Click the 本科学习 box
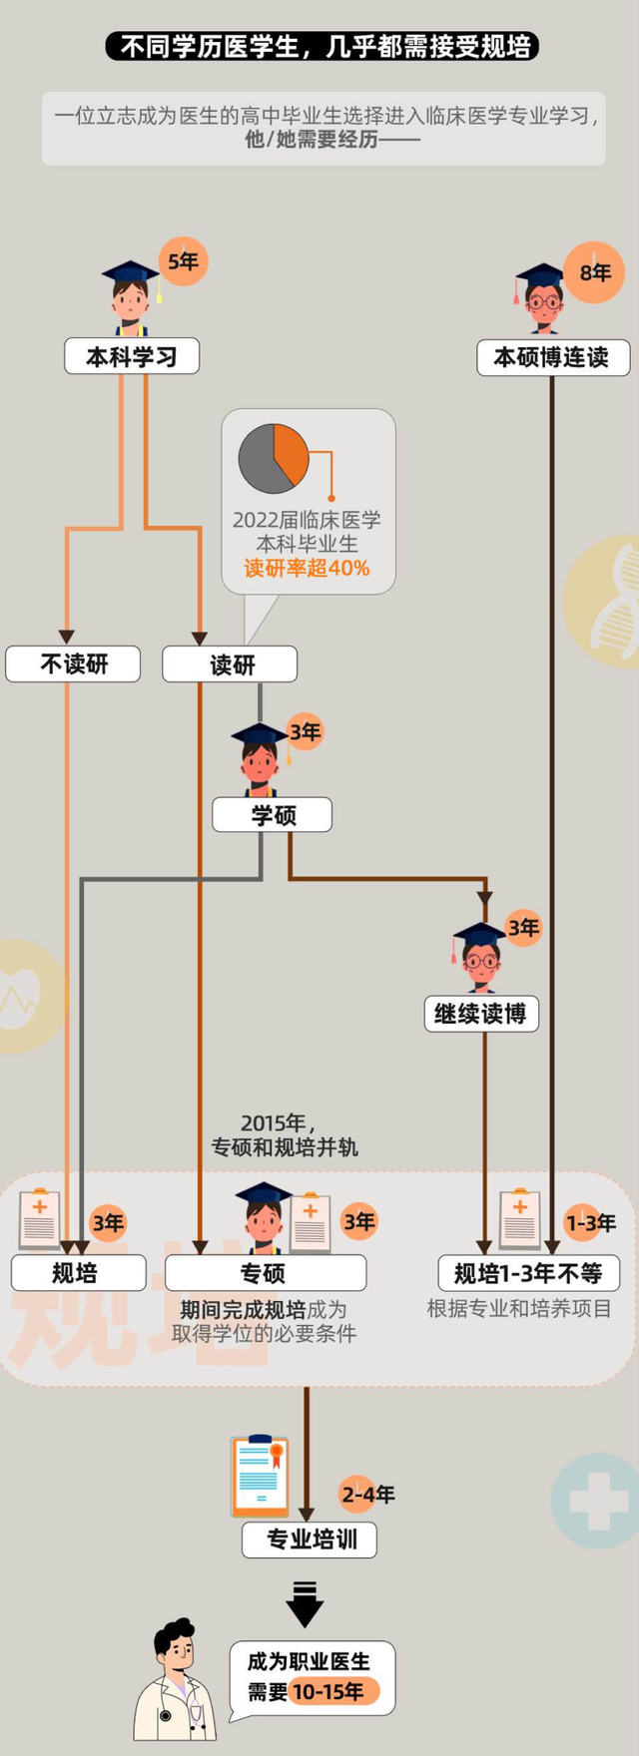point(132,356)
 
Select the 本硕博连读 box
point(551,357)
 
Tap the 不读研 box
point(73,664)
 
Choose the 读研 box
point(230,664)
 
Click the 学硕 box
point(272,815)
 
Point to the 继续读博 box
point(481,1014)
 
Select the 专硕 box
point(265,1273)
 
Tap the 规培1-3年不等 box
point(528,1273)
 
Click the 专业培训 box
point(310,1539)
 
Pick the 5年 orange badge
point(183,262)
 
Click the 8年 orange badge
point(595,272)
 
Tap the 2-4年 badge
point(367,1494)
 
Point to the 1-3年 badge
point(590,1223)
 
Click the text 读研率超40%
point(307,569)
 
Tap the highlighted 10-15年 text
point(328,1692)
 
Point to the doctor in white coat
point(175,1681)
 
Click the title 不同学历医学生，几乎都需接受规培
point(321,46)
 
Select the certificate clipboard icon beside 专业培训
point(260,1476)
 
